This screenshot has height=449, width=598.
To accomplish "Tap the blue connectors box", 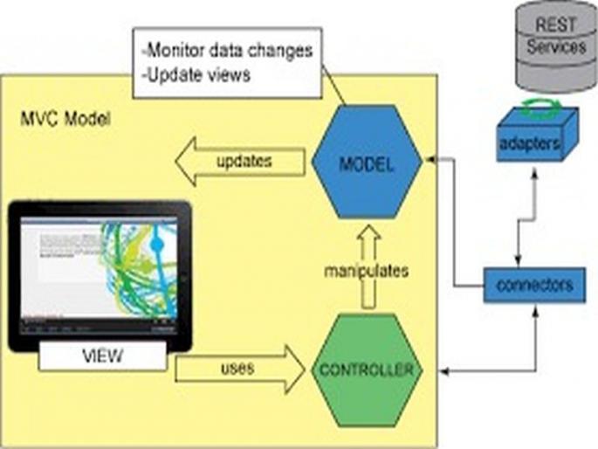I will (533, 285).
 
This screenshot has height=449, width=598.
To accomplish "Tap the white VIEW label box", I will (101, 356).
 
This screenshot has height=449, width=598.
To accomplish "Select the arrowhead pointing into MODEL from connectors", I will (430, 161).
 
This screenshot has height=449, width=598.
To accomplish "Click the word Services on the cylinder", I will (556, 47).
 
